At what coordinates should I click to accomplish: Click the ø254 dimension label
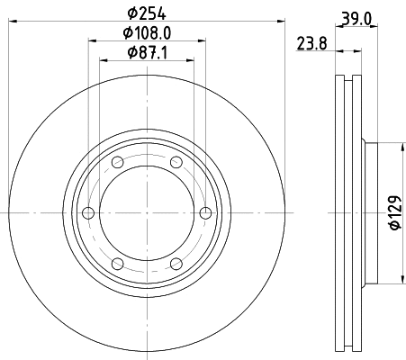147,13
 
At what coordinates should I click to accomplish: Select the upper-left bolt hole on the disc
118,162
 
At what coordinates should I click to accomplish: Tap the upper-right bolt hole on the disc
176,162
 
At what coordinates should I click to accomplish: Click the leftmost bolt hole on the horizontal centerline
88,212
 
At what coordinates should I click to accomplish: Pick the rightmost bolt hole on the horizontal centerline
206,212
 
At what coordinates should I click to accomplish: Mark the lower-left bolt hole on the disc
118,264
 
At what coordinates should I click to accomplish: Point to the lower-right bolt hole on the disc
176,264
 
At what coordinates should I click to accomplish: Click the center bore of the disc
147,212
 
